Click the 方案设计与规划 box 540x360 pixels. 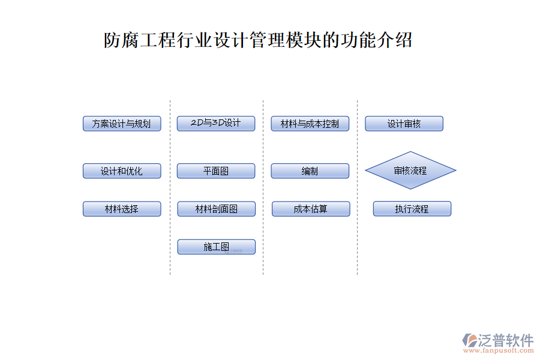(122, 124)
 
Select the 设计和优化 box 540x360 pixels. (122, 171)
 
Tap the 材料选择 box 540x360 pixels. (122, 209)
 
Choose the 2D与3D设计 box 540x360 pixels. (216, 124)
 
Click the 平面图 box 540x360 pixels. (216, 171)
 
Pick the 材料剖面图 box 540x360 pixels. (216, 209)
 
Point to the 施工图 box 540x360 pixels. (216, 247)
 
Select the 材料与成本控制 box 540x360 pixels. (310, 124)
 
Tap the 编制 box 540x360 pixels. (310, 171)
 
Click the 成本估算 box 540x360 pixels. (310, 209)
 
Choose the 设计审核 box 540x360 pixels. (404, 124)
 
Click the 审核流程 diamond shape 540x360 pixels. (410, 170)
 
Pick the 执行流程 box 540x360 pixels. (412, 209)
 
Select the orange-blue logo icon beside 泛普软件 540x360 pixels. (469, 340)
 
